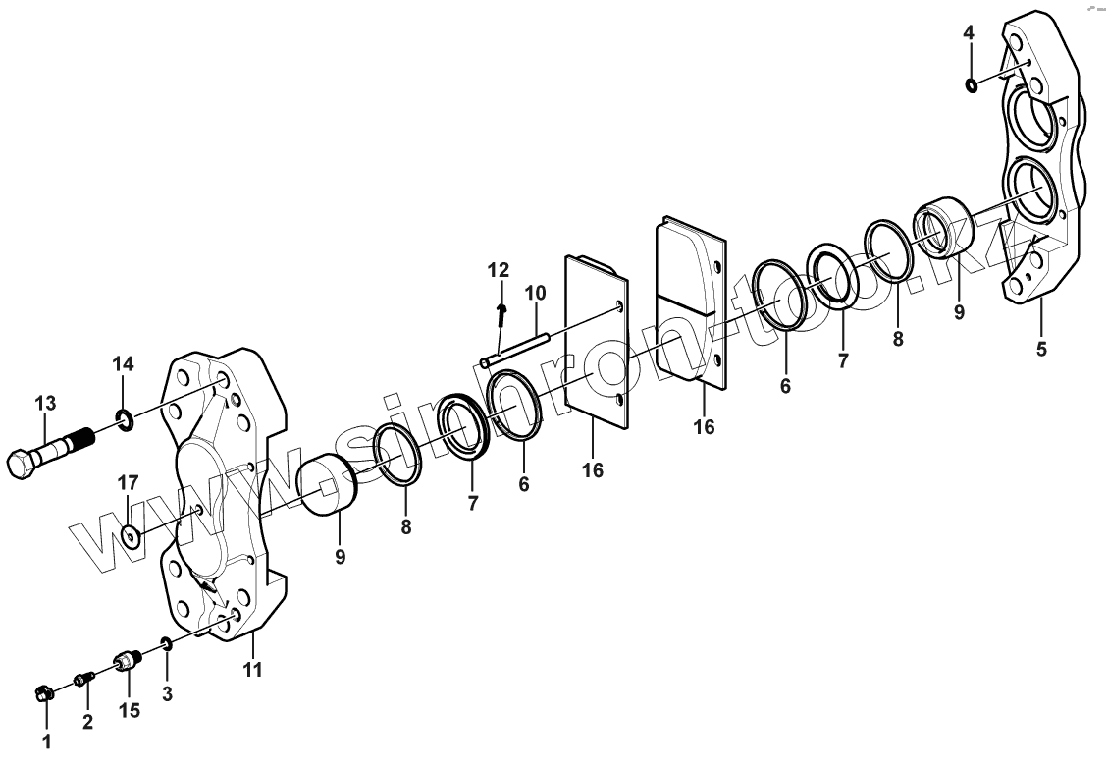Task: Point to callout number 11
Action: [253, 671]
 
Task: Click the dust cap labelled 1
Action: [42, 694]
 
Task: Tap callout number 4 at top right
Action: [969, 33]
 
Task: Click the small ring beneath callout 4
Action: [972, 84]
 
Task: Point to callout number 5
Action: [1041, 348]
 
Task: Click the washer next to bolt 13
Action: [124, 422]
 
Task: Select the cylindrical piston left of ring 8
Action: [327, 484]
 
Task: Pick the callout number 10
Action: [534, 293]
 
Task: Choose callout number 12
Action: [499, 269]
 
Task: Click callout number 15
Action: [130, 710]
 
